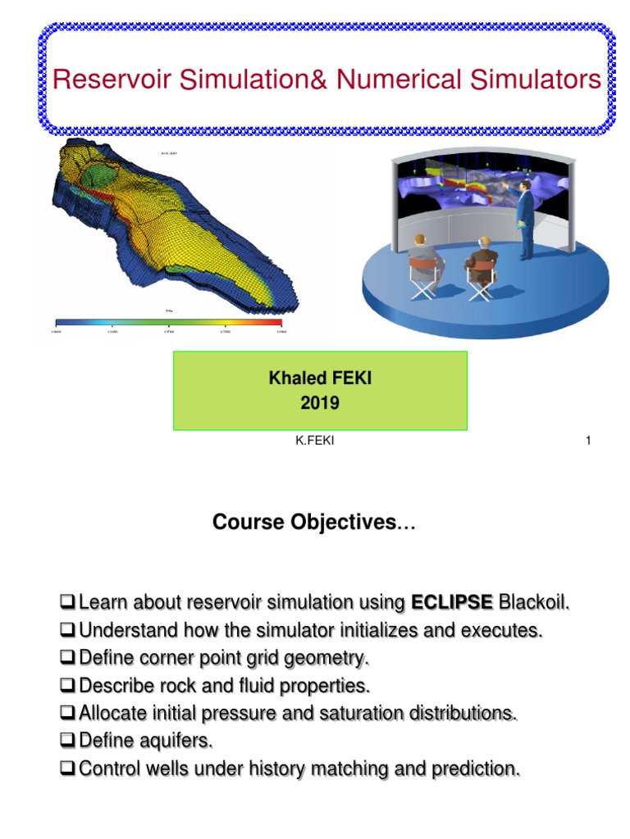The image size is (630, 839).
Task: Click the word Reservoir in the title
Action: click(x=102, y=80)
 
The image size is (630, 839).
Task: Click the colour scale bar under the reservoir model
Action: click(x=167, y=322)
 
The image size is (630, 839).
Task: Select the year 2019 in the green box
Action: click(x=319, y=403)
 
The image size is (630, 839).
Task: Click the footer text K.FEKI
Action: click(x=315, y=442)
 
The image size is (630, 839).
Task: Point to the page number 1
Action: click(x=588, y=442)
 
